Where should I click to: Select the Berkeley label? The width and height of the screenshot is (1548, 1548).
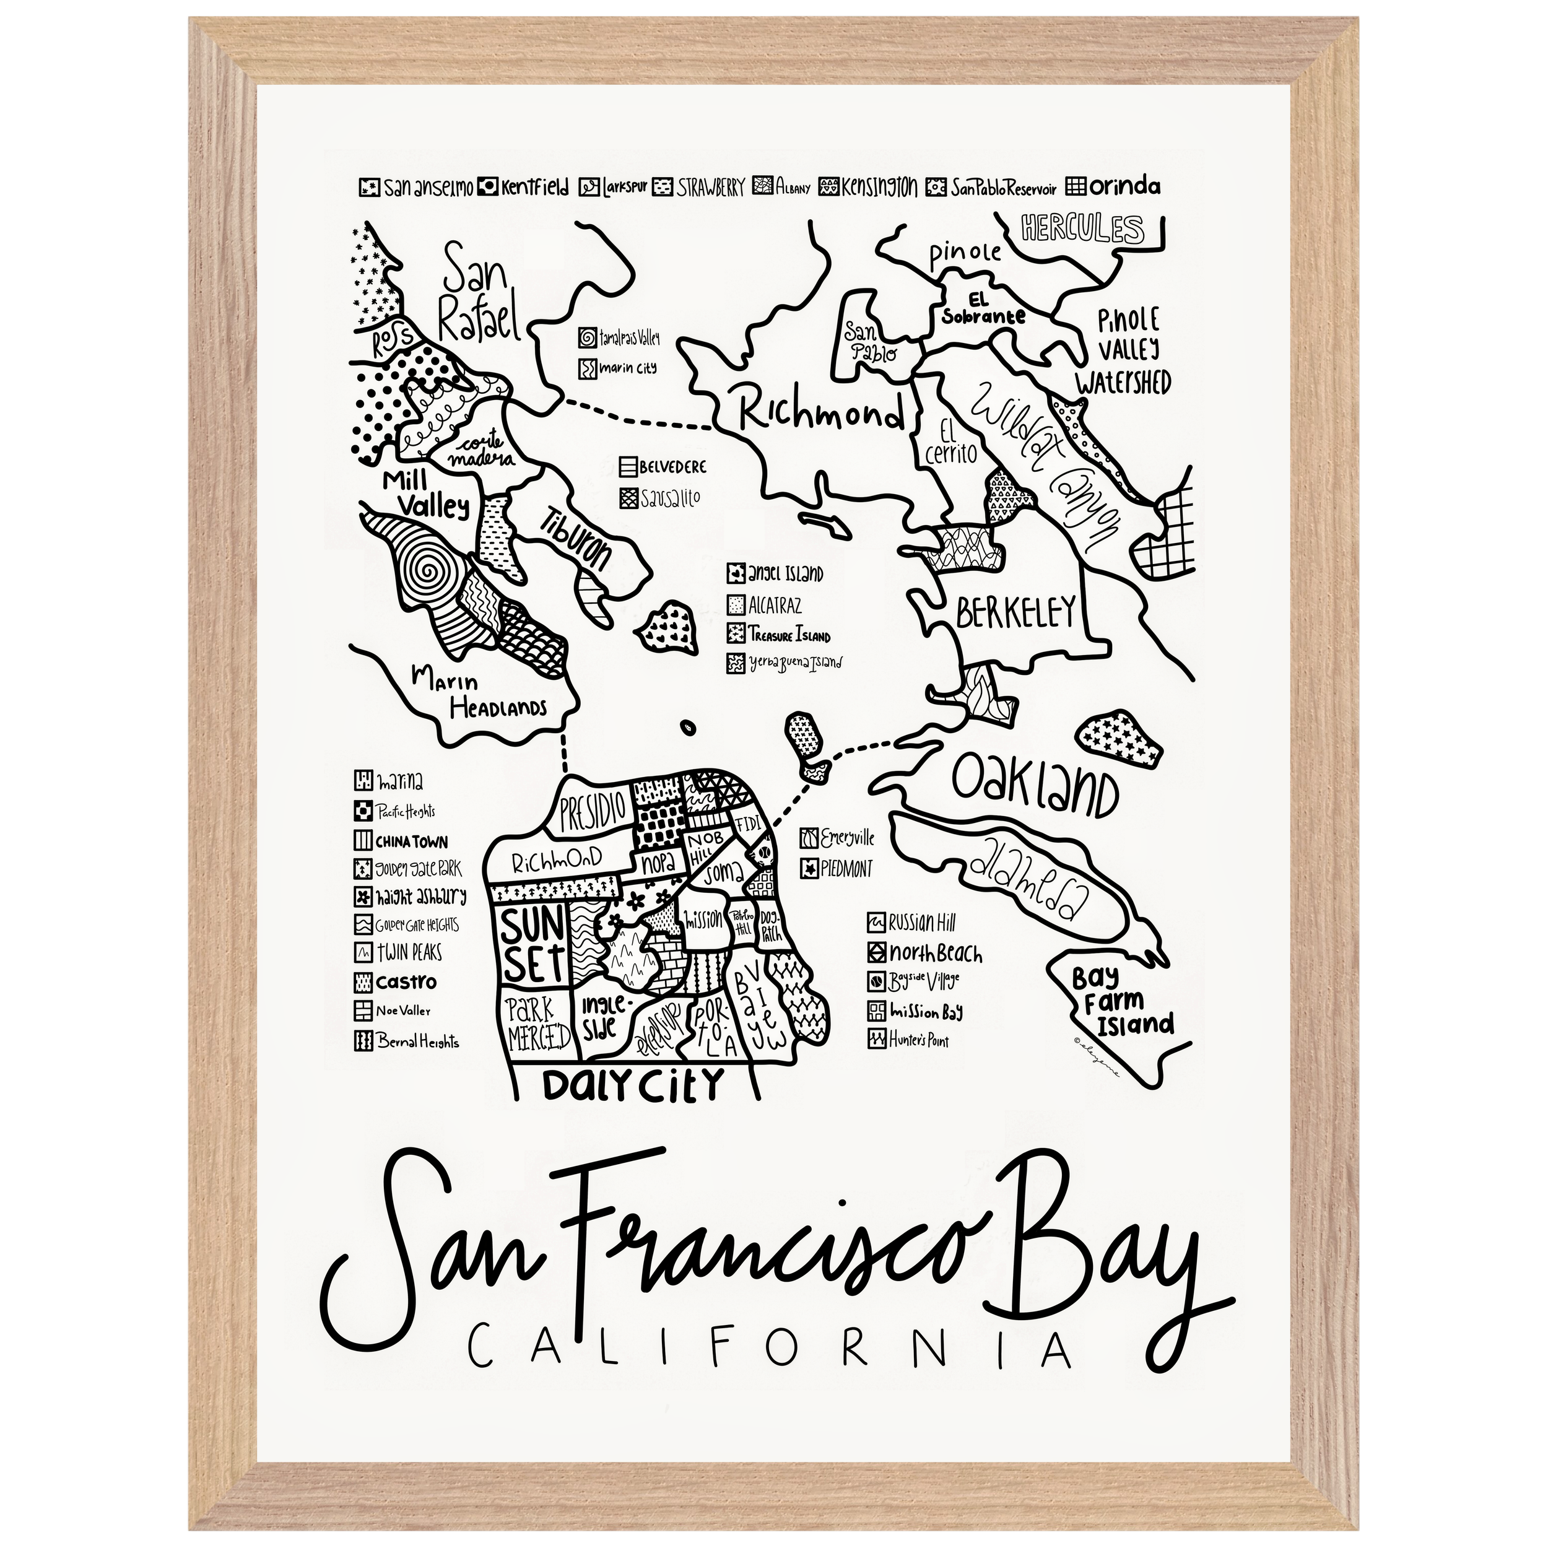[1014, 614]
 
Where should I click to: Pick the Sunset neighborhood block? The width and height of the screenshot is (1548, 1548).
[534, 946]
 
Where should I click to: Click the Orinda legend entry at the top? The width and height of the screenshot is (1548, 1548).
[1114, 187]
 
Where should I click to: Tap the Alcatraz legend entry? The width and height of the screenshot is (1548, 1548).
[765, 605]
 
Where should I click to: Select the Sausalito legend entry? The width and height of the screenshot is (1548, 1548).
[661, 498]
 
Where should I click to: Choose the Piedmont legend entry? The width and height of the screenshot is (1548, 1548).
[837, 867]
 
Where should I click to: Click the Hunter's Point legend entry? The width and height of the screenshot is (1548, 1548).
[910, 1040]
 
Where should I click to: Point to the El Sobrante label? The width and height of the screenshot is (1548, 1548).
[984, 310]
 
